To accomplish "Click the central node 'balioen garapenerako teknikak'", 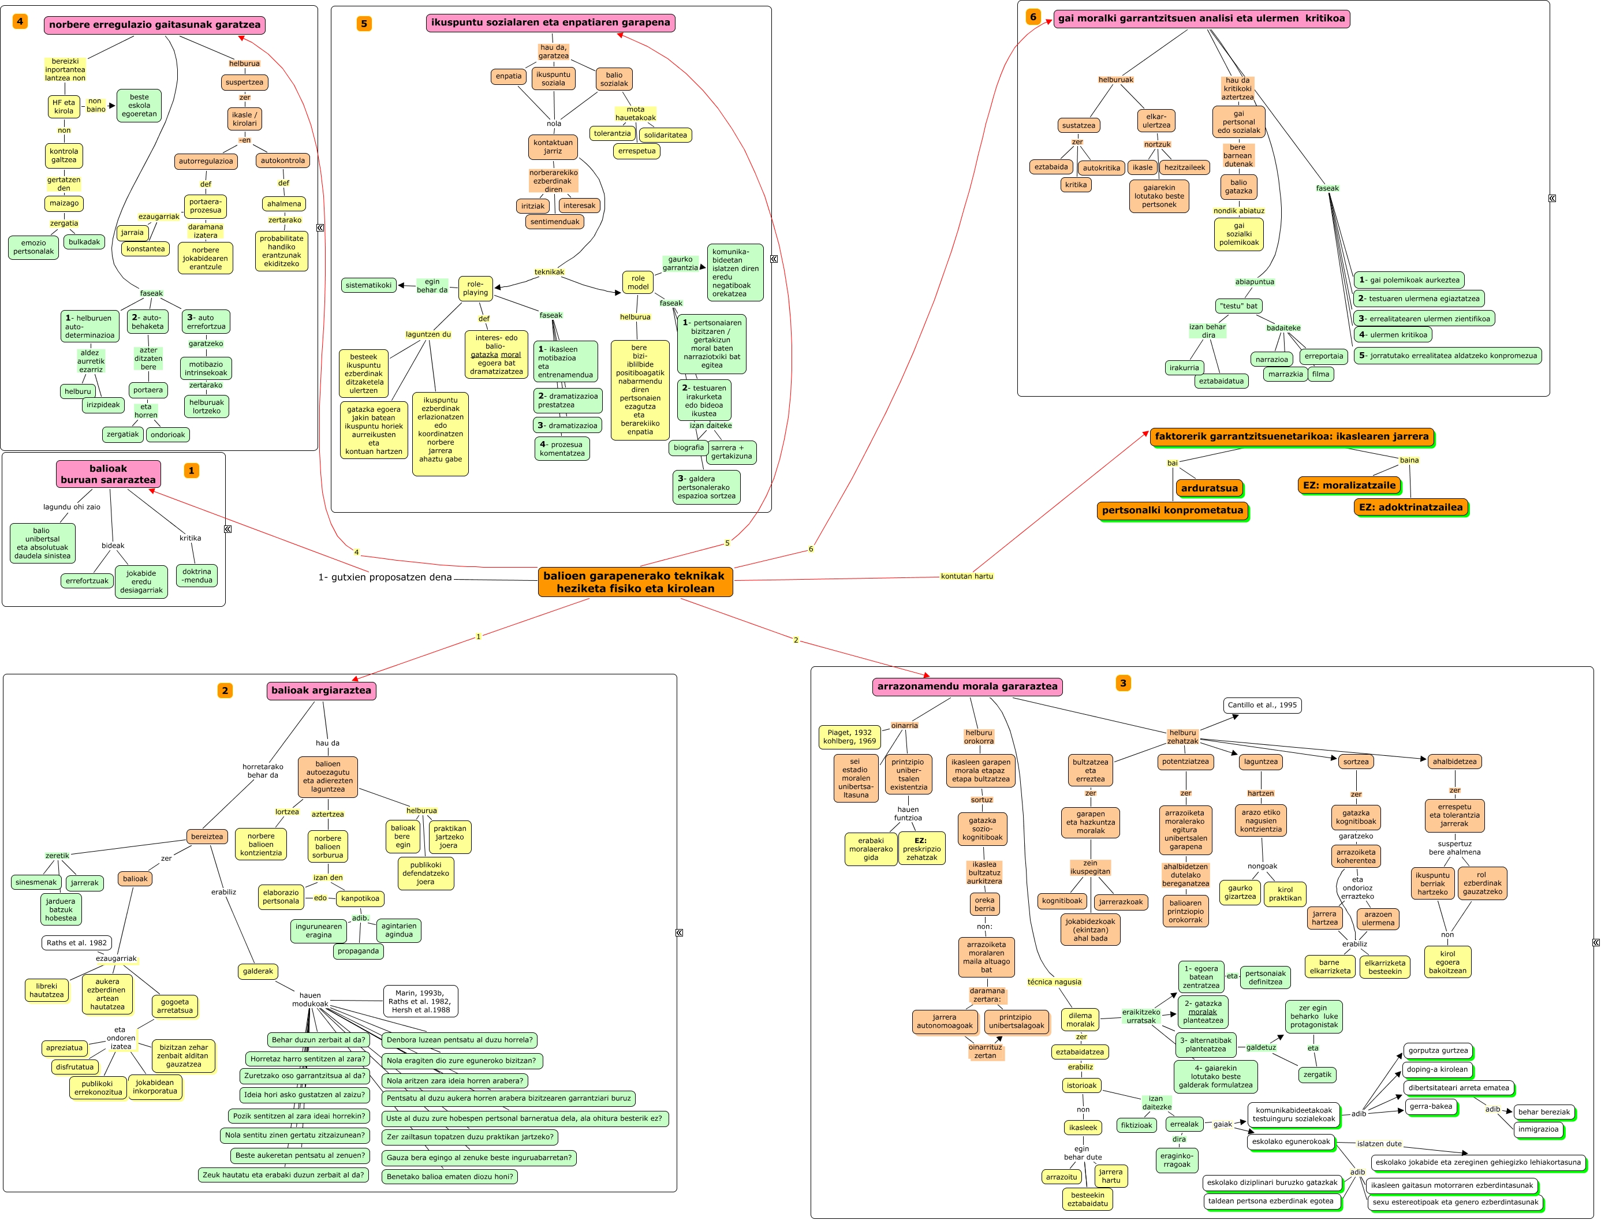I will click(x=635, y=581).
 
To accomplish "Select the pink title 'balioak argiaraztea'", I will click(x=321, y=691).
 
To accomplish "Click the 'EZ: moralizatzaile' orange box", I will click(x=1349, y=485).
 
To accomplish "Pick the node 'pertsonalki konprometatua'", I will click(x=1172, y=510).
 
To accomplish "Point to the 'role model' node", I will click(x=637, y=282).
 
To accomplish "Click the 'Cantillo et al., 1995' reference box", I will click(x=1262, y=705).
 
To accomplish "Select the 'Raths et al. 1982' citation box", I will click(x=76, y=943).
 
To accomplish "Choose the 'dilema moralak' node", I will click(x=1080, y=1020).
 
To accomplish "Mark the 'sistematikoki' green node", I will click(x=368, y=285).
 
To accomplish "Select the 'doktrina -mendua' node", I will click(x=197, y=576).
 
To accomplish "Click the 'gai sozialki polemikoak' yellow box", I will click(x=1238, y=234).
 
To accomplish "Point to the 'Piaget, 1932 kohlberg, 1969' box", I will click(x=849, y=736).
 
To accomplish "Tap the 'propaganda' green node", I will click(x=358, y=952).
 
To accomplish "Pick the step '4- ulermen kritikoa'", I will click(x=1393, y=335).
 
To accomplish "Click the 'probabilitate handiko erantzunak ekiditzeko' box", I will click(x=281, y=251).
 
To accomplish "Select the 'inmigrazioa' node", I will click(x=1538, y=1129).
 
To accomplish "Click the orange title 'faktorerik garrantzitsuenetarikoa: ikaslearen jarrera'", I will click(x=1291, y=436).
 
